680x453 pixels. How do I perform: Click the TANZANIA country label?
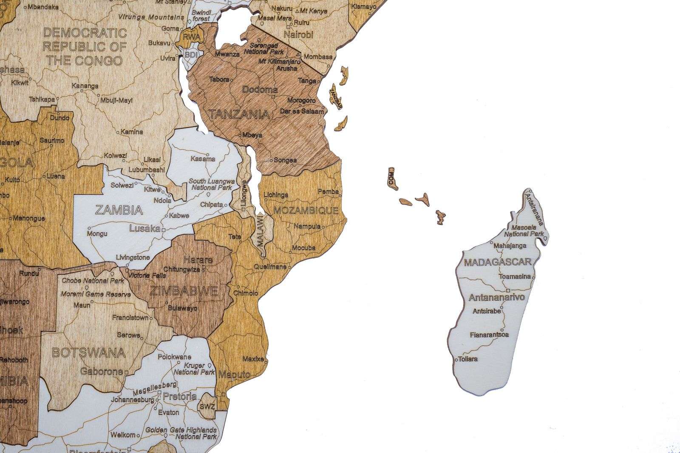[239, 114]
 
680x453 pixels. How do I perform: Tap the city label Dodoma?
[260, 90]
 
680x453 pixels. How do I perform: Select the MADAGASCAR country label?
[497, 262]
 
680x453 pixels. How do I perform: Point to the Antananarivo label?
[496, 297]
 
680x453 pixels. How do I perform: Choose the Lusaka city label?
[144, 228]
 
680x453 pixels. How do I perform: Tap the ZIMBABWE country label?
[184, 291]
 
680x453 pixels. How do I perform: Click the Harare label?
[198, 260]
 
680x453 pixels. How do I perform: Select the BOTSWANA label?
[88, 353]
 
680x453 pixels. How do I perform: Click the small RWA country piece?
[187, 37]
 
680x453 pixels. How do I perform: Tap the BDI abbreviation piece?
[187, 55]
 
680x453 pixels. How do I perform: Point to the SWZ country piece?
[207, 406]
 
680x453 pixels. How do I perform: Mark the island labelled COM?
[391, 178]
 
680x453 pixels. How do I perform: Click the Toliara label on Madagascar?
[467, 359]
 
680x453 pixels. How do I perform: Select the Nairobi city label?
[298, 34]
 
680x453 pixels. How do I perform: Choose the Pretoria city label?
[180, 397]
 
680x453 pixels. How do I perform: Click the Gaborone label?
[102, 371]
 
